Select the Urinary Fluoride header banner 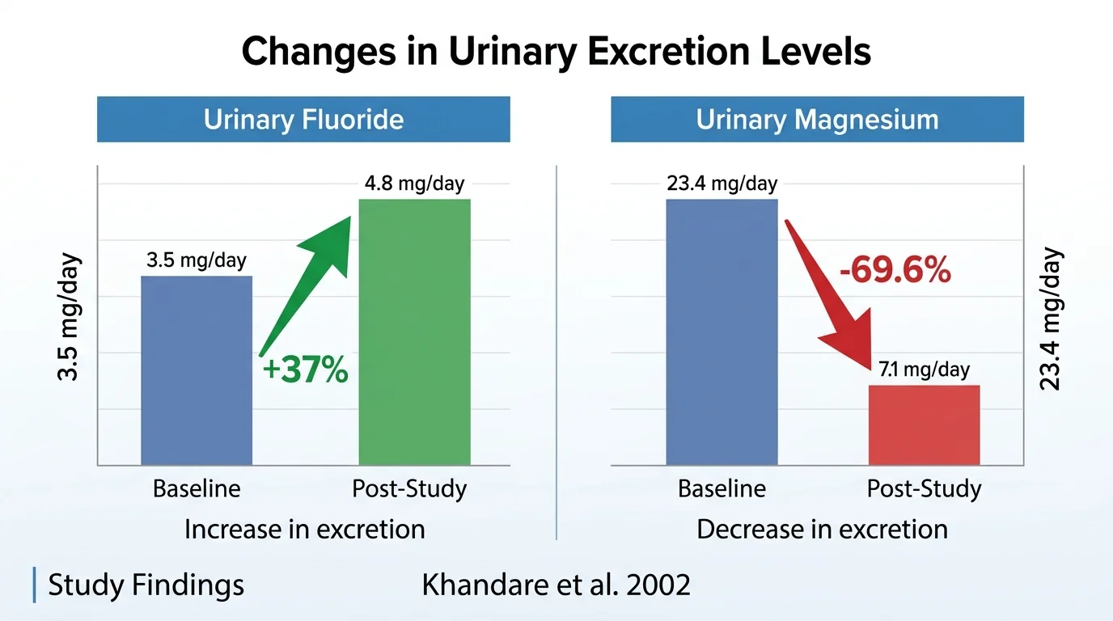pos(303,120)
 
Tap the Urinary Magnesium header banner pos(817,120)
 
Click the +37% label pos(305,371)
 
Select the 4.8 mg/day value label pos(414,184)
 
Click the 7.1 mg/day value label pos(924,370)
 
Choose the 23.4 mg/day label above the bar pos(722,184)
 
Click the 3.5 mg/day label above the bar pos(197,261)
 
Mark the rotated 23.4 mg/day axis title pos(1050,318)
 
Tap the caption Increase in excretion pos(304,530)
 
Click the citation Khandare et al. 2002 pos(556,585)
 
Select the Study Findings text pos(146,585)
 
